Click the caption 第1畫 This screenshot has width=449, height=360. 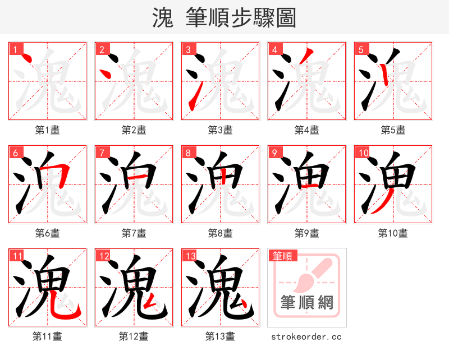[x=47, y=130]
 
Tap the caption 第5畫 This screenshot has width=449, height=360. [x=393, y=130]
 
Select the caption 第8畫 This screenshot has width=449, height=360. [x=220, y=233]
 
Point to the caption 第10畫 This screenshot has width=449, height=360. [x=393, y=233]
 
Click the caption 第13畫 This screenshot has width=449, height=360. [x=220, y=336]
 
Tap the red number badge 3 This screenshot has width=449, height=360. [x=188, y=50]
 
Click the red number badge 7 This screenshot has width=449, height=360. [x=102, y=153]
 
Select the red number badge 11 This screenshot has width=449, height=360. [x=17, y=256]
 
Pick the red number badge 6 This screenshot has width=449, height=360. [x=15, y=153]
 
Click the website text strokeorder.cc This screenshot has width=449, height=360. [x=306, y=337]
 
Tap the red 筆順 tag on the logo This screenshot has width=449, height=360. [x=282, y=256]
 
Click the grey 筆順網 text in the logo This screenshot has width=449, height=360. [x=306, y=303]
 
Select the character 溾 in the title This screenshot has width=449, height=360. [x=163, y=18]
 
